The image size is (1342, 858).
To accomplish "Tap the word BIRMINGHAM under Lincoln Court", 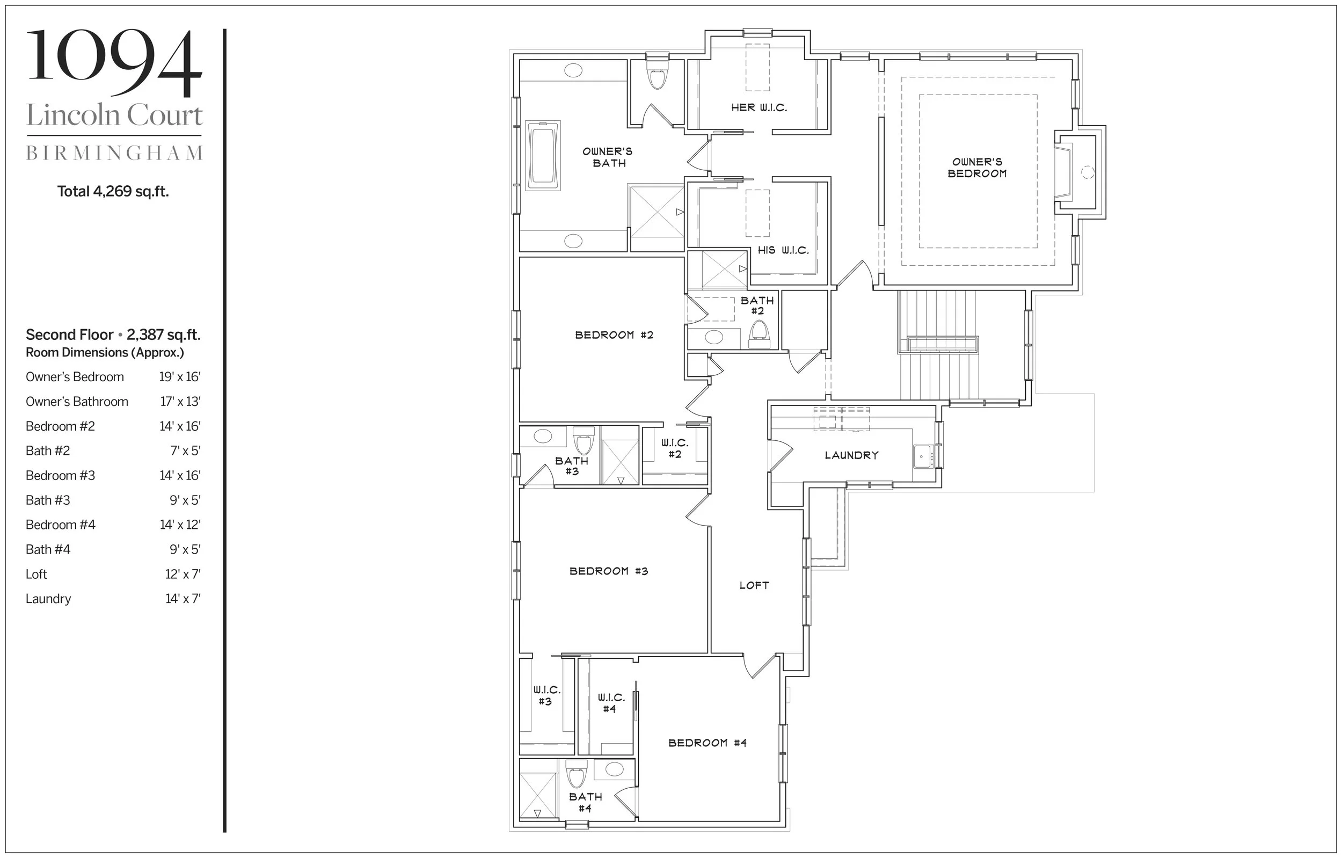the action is pos(114,154).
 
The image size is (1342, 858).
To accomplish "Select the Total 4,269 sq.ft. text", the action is pos(113,192).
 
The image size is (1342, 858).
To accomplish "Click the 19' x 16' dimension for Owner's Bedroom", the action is pos(179,377).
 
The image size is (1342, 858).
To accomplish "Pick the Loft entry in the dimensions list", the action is pos(36,574).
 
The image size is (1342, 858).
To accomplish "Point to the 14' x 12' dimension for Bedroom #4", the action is pos(179,525).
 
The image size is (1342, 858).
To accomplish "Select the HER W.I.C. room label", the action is pos(759,107).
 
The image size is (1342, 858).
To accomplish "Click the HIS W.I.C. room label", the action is pos(783,251).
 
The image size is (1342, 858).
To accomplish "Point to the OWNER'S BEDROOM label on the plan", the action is pos(977,168).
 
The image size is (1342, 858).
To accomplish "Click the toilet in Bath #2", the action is pos(759,333).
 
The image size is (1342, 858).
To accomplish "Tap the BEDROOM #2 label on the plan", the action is pos(614,335).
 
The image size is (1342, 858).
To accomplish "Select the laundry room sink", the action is pos(923,456).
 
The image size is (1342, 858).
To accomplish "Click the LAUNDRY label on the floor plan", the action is pos(851,455).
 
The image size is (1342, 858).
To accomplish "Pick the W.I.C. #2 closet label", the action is pos(675,449).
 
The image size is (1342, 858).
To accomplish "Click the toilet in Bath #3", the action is pos(584,440).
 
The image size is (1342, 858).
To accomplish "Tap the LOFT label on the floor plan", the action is pos(754,585).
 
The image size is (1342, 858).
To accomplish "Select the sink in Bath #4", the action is pos(614,769).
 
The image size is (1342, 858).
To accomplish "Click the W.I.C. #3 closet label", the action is pos(546,696).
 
